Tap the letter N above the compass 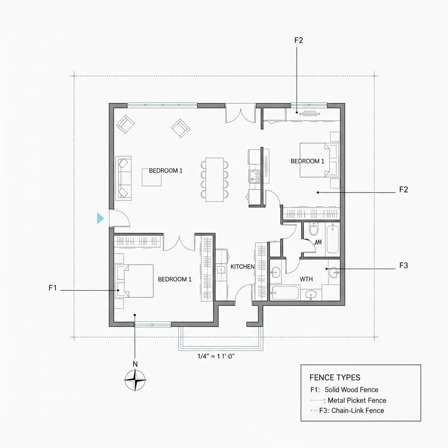pyautogui.click(x=135, y=364)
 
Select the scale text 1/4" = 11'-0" pyautogui.click(x=217, y=356)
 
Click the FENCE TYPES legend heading pyautogui.click(x=335, y=378)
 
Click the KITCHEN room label pyautogui.click(x=242, y=266)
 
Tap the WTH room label pyautogui.click(x=306, y=279)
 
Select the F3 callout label pyautogui.click(x=403, y=266)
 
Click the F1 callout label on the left pyautogui.click(x=53, y=288)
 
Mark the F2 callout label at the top pyautogui.click(x=299, y=40)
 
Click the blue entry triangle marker pyautogui.click(x=100, y=218)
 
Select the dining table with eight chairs pyautogui.click(x=214, y=179)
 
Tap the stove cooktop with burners pyautogui.click(x=254, y=176)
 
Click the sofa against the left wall pyautogui.click(x=123, y=178)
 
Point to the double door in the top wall pyautogui.click(x=240, y=113)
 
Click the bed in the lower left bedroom pyautogui.click(x=134, y=281)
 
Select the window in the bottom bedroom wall pyautogui.click(x=152, y=324)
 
